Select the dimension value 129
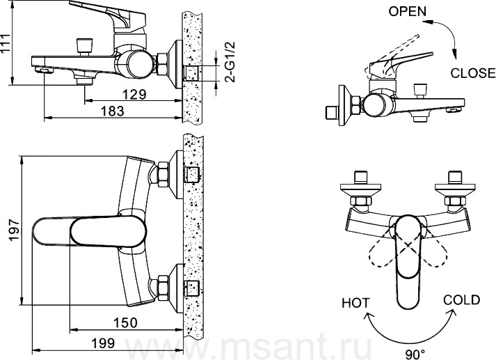pos(134,95)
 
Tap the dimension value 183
pos(112,111)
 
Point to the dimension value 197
pos(15,230)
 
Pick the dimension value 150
pos(126,322)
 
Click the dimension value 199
pos(103,343)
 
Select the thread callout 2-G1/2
pos(231,63)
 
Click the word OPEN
pos(408,11)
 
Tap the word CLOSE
pos(473,73)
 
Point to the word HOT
pos(355,303)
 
